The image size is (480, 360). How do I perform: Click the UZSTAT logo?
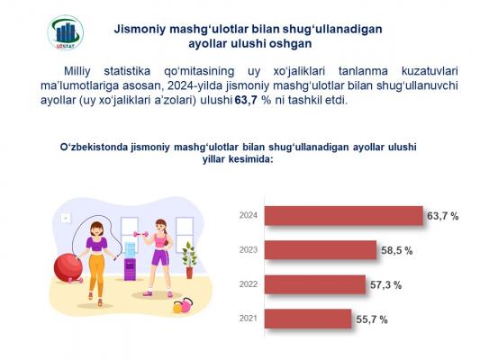[65, 32]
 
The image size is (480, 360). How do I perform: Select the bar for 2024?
[344, 216]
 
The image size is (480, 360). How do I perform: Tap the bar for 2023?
[321, 250]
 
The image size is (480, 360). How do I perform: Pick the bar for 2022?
[315, 284]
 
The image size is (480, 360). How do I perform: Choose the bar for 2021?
[308, 319]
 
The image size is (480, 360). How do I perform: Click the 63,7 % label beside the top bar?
[443, 216]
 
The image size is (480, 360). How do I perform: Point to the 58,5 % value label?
[397, 251]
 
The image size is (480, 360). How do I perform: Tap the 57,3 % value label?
[385, 285]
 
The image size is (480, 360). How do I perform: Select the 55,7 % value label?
[372, 319]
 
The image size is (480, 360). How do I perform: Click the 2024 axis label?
[249, 215]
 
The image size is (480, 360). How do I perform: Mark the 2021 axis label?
[249, 319]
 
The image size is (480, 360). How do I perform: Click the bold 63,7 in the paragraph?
[246, 100]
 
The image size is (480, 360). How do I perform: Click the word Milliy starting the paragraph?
[77, 71]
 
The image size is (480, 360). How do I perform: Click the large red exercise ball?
[68, 267]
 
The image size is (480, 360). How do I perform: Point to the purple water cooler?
[130, 262]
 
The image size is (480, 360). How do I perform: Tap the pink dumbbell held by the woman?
[140, 234]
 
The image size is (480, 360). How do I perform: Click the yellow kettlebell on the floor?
[177, 307]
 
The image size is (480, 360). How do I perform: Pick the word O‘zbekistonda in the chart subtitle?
[94, 147]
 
